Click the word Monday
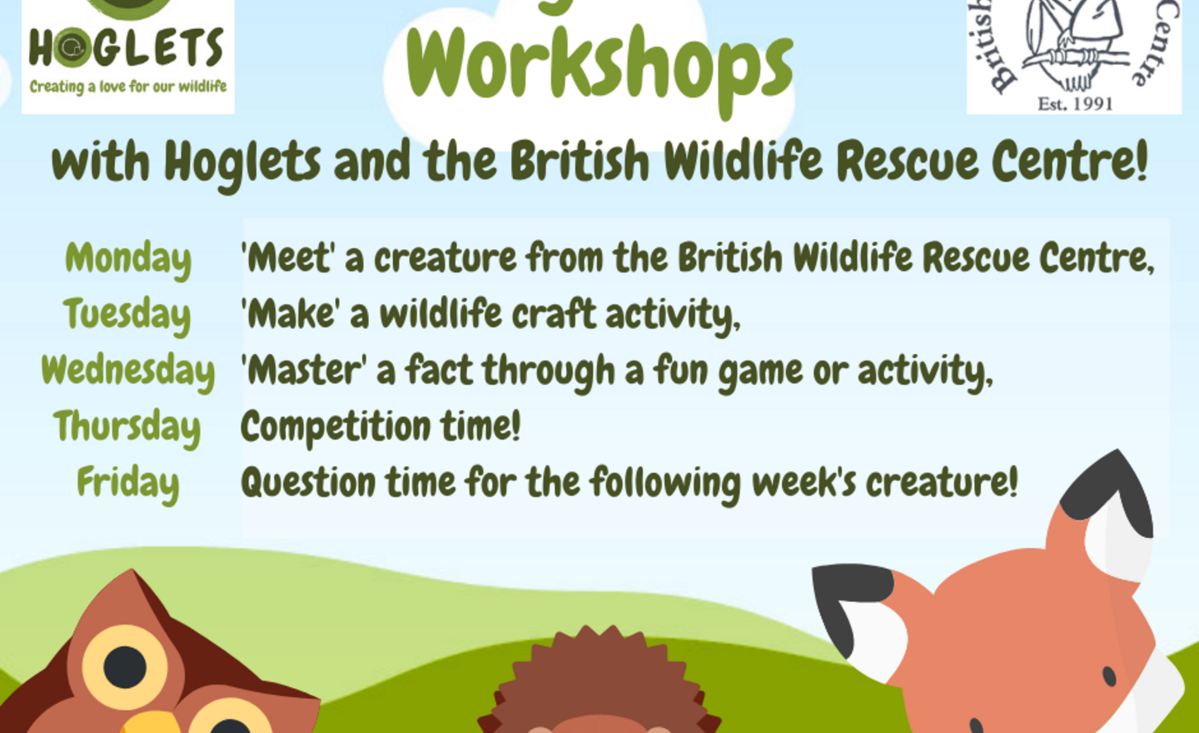(x=128, y=259)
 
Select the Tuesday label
(x=127, y=315)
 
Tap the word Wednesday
(x=128, y=371)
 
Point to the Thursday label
(x=127, y=426)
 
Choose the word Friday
(x=127, y=483)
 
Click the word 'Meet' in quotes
(x=288, y=258)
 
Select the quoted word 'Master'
(x=303, y=371)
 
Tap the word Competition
(x=334, y=427)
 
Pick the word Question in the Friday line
(x=308, y=483)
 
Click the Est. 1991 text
(x=1074, y=104)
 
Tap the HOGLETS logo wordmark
(x=127, y=48)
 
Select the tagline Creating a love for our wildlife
(x=128, y=87)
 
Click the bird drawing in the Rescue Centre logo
(x=1074, y=42)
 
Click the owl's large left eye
(x=125, y=666)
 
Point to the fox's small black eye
(x=1108, y=676)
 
